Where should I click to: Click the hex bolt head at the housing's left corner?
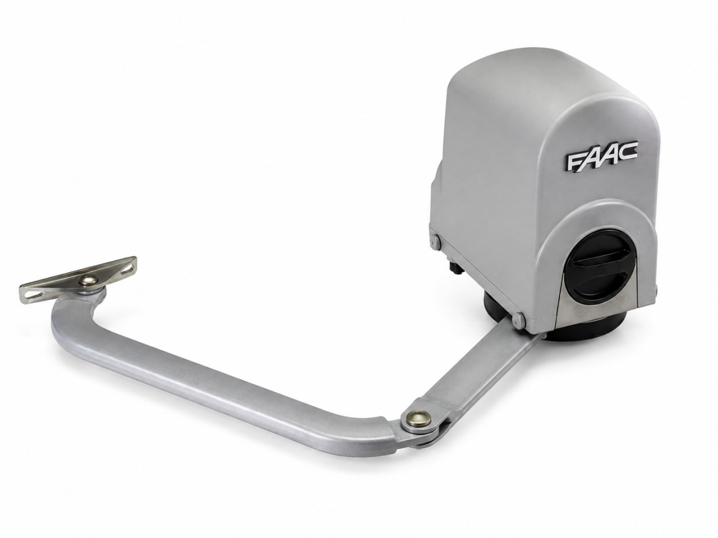[435, 242]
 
